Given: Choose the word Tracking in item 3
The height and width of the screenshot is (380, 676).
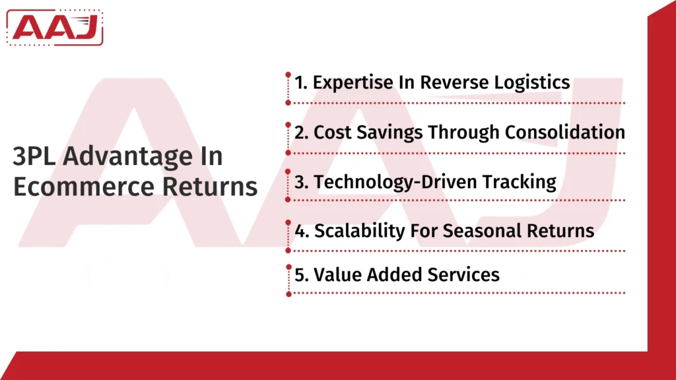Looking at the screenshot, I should click(524, 181).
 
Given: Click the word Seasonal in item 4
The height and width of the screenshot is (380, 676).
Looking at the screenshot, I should click(485, 231).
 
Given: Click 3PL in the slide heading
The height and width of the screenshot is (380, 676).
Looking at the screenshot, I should click(36, 157).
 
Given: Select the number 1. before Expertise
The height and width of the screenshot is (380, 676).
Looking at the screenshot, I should click(301, 82).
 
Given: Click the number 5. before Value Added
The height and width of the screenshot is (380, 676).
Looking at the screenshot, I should click(302, 274).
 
